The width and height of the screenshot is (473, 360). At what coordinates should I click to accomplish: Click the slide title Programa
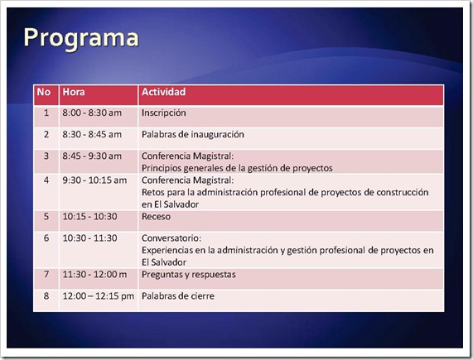coord(81,39)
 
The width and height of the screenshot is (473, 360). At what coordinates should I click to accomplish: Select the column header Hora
coord(74,92)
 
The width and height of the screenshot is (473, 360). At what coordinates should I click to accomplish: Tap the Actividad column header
coord(163,92)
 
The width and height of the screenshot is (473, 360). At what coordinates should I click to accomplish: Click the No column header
coord(44,92)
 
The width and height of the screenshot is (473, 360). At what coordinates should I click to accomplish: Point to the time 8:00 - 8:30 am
coord(92,113)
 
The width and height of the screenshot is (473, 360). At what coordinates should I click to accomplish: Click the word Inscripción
coord(164,113)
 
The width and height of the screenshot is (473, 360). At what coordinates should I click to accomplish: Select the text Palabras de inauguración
coord(193,135)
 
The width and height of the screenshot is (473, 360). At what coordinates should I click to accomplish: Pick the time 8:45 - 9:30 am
coord(92,156)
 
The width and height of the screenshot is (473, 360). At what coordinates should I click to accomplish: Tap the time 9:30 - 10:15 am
coord(94,180)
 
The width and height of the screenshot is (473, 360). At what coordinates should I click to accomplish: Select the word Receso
coord(156,216)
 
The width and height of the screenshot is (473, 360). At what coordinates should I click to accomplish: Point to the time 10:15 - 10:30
coord(90,216)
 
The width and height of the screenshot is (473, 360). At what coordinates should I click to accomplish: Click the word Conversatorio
coord(171,238)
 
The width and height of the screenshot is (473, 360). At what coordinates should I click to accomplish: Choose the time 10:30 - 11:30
coord(90,238)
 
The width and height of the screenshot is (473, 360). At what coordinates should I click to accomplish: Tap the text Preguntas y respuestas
coord(189,275)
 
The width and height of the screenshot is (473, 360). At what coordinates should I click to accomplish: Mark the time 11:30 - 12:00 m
coord(94,275)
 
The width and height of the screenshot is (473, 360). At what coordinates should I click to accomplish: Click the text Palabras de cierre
coord(178,295)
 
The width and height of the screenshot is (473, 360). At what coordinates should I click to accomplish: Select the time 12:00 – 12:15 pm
coord(99,296)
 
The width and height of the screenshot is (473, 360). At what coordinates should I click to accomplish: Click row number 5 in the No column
coord(46,216)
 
